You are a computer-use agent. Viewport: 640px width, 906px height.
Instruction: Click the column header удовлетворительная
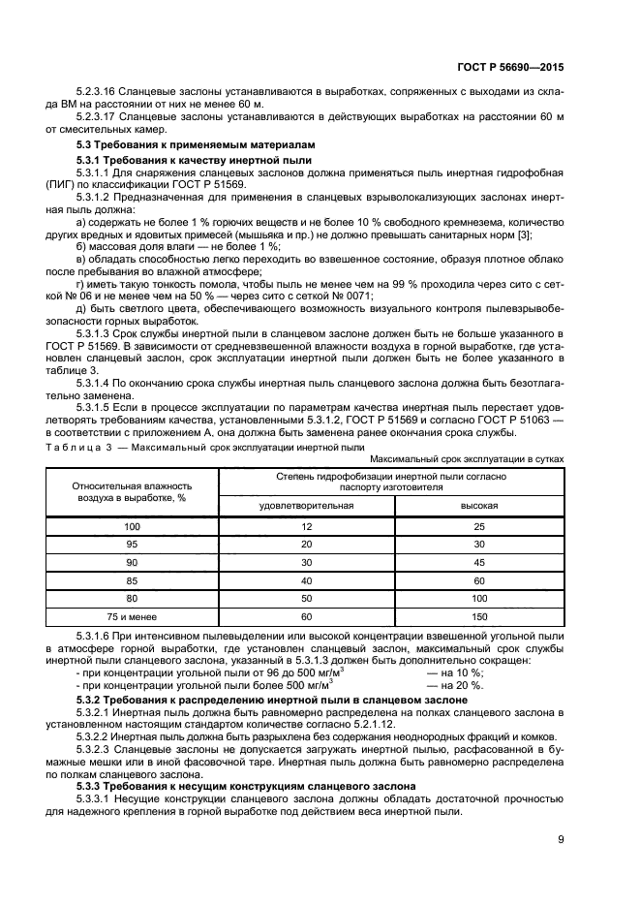(306, 506)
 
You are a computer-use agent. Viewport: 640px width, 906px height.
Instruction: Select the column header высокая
(477, 506)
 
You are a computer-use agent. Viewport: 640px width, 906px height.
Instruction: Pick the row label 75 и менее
(133, 616)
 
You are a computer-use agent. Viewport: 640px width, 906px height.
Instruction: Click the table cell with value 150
(477, 616)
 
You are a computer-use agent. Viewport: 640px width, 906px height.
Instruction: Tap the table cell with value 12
(306, 525)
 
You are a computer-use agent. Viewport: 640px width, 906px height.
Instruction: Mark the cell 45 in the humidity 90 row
(477, 562)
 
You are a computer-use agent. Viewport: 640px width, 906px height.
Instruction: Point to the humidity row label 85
(133, 580)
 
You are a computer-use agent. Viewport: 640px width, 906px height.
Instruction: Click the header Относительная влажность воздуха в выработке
(133, 490)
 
